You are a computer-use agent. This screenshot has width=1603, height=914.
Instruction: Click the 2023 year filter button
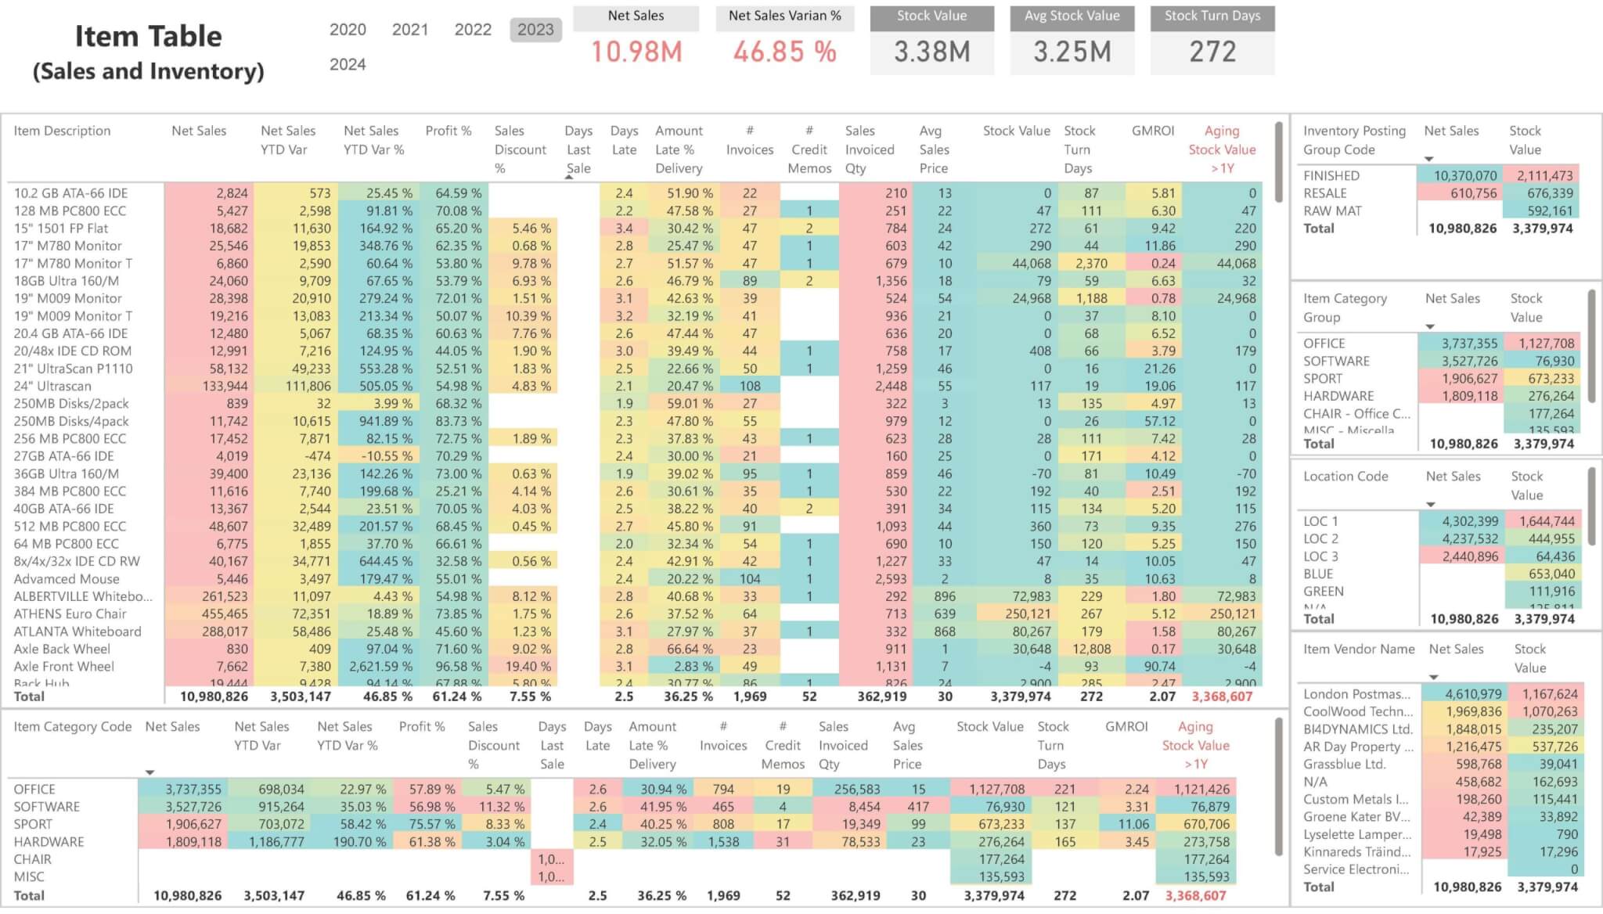[x=535, y=30]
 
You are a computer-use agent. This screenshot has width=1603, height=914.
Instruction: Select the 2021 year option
[x=410, y=30]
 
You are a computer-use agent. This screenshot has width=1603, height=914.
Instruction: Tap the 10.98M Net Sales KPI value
[x=636, y=52]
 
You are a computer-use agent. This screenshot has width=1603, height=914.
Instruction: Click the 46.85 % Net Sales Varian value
[x=784, y=52]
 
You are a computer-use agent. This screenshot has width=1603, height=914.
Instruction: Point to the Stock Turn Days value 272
[x=1212, y=52]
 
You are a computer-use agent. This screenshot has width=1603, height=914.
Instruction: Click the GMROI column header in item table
[x=1152, y=131]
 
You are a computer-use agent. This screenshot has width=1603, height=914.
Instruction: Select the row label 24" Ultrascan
[x=52, y=386]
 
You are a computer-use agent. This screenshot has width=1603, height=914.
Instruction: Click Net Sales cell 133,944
[x=225, y=386]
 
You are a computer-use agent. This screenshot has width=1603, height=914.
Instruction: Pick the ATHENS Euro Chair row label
[x=70, y=614]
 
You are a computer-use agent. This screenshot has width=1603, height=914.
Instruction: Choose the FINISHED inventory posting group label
[x=1331, y=175]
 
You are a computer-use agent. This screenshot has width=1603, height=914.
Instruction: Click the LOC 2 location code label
[x=1320, y=538]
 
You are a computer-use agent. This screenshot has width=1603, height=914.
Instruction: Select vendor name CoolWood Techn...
[x=1357, y=711]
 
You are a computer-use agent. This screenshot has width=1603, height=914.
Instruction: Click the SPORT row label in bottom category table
[x=33, y=824]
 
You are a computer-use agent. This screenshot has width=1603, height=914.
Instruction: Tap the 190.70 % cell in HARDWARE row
[x=359, y=842]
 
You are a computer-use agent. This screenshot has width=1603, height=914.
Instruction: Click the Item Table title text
[x=148, y=37]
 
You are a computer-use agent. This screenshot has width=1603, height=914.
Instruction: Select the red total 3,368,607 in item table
[x=1222, y=696]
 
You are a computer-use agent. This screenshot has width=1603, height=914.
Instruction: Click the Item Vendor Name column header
[x=1358, y=649]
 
